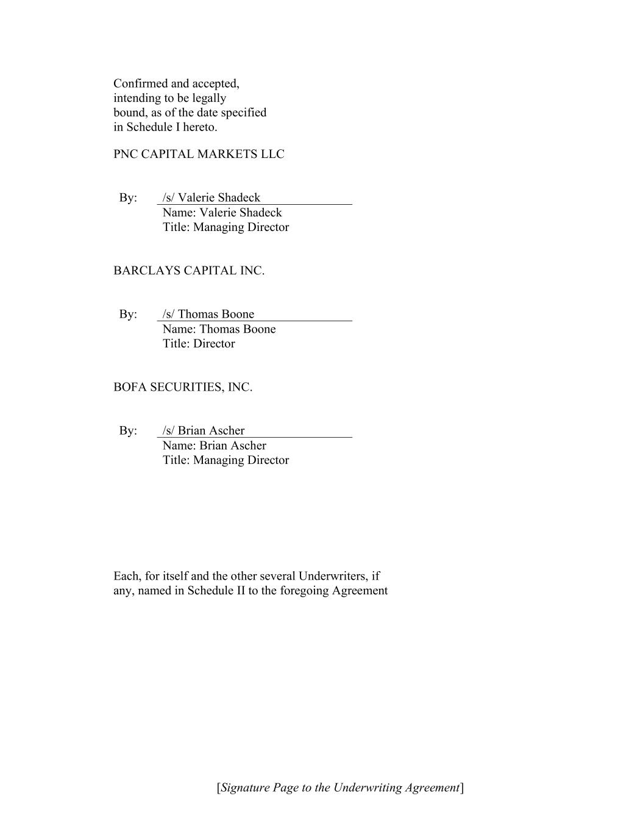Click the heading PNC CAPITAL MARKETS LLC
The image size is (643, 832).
(x=199, y=154)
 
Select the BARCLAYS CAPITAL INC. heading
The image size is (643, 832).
(x=189, y=271)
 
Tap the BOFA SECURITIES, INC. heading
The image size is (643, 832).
(x=183, y=387)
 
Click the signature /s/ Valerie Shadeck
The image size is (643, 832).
(x=211, y=197)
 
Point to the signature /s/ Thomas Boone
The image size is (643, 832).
(x=208, y=314)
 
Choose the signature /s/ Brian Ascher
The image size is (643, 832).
(x=203, y=430)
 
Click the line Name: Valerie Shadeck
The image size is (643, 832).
(x=222, y=213)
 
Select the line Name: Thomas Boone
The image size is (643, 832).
(x=219, y=329)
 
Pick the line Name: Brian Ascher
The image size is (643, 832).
(x=214, y=446)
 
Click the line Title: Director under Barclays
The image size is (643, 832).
(x=198, y=344)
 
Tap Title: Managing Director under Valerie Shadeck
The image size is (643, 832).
(x=226, y=227)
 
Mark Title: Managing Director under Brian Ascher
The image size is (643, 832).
(x=226, y=460)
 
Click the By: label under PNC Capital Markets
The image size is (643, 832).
(x=128, y=197)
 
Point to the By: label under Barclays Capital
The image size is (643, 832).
(x=128, y=314)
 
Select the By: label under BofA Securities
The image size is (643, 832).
(x=128, y=430)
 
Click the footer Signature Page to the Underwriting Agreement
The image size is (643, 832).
(x=340, y=788)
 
